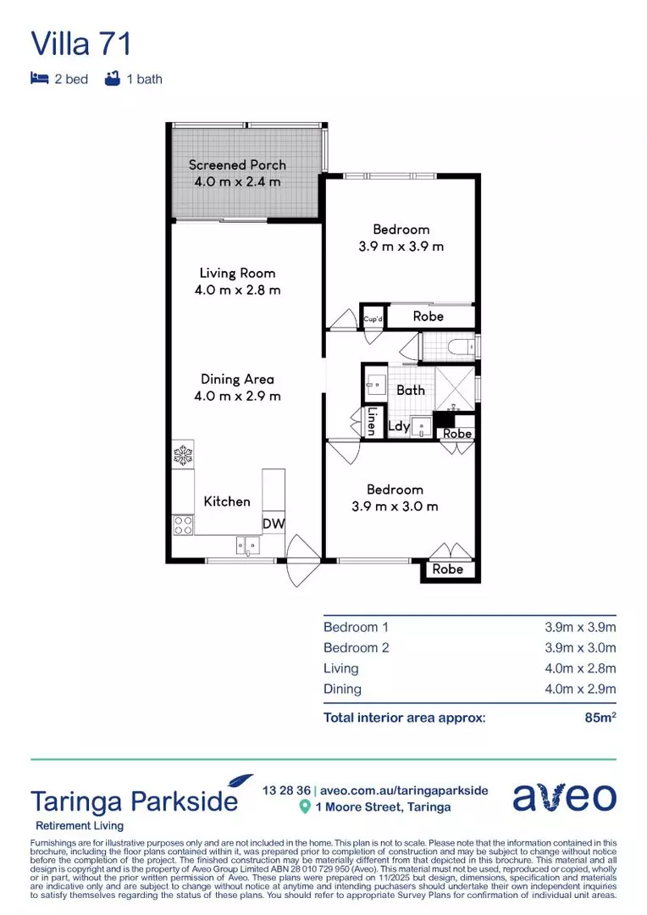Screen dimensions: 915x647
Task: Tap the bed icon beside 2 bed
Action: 38,79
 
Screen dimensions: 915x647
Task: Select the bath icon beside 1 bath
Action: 110,79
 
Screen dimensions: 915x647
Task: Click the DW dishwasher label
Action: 273,524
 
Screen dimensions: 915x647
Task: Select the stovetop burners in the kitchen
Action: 182,524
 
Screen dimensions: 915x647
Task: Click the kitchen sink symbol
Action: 248,545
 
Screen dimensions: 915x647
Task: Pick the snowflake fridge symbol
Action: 183,456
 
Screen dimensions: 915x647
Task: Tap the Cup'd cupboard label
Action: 373,319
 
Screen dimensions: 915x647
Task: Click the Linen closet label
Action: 371,421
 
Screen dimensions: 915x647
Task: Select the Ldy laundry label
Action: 399,426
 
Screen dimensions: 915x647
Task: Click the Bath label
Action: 411,390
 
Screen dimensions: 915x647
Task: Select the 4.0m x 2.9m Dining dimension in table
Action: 580,689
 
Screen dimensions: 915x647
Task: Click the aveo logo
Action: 564,798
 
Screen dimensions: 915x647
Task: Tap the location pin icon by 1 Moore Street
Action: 305,807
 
